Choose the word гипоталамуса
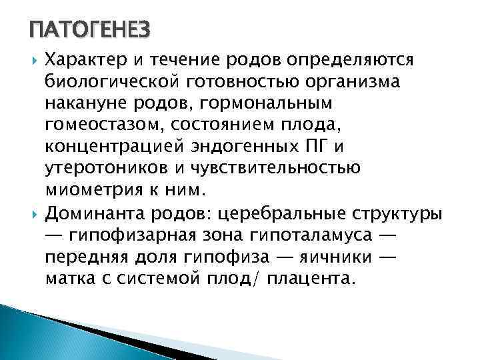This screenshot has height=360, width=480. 318,236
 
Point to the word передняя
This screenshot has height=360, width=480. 79,257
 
